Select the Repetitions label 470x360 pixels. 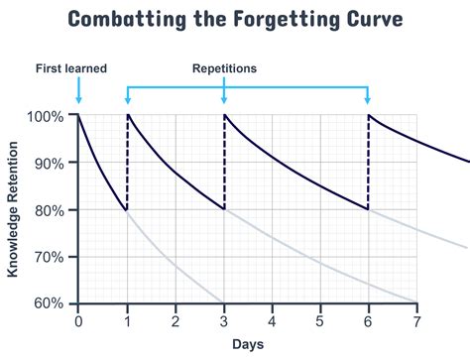click(x=225, y=68)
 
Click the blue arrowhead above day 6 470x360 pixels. click(x=369, y=99)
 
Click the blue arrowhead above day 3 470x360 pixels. click(x=225, y=99)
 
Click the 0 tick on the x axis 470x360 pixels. click(x=78, y=321)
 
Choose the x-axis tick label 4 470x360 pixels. click(x=272, y=321)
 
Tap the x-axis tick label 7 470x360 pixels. click(x=416, y=321)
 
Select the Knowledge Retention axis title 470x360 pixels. click(x=14, y=210)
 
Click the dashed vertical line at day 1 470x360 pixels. click(x=127, y=164)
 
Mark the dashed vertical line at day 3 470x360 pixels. click(x=224, y=164)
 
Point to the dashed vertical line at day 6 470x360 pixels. click(x=369, y=164)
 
